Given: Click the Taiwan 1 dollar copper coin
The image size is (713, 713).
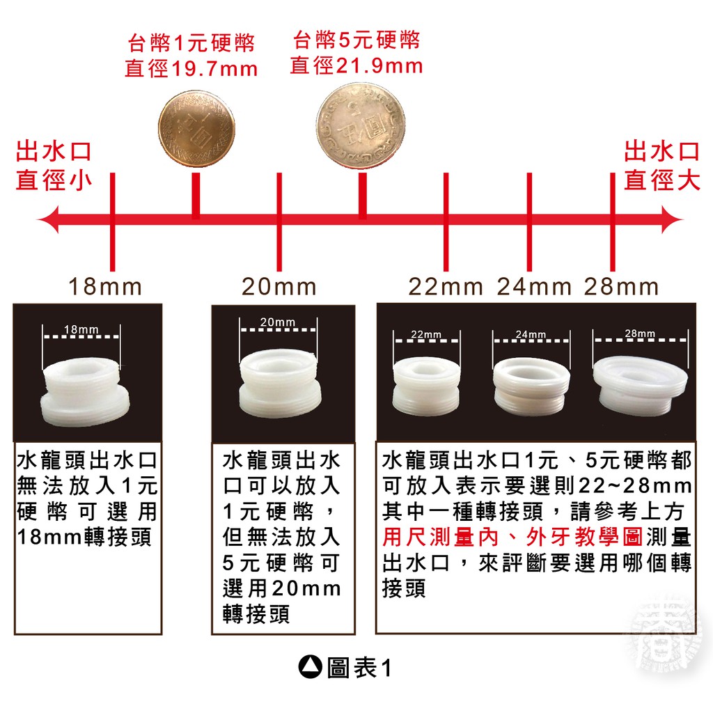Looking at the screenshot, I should pos(194,131).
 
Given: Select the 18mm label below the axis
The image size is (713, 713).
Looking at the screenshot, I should pos(105,286).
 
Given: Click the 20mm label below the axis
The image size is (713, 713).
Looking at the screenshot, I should pos(279,286).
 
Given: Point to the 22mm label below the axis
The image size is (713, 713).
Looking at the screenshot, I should pos(446,286).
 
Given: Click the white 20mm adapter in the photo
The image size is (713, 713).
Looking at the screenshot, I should pos(279,385).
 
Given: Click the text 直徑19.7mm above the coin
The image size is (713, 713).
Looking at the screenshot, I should pos(191,69).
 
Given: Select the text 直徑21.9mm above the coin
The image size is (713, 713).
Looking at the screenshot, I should pos(356,65).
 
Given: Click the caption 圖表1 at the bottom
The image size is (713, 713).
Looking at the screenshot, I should pos(359,668).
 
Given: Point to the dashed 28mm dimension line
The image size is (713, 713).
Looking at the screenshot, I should pos(639,342).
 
